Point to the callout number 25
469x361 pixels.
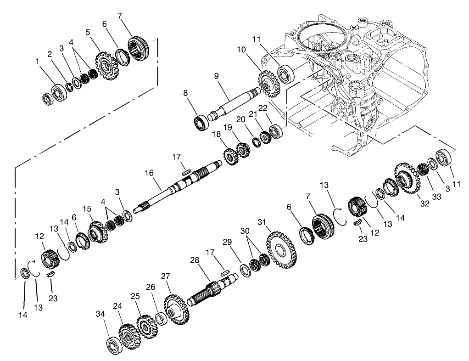click(x=134, y=297)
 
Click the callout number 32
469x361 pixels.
click(x=425, y=203)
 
